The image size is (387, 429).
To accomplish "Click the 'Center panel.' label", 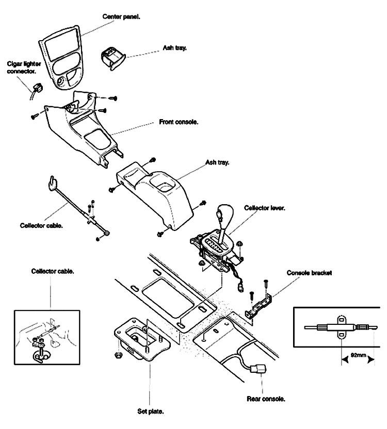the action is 121,16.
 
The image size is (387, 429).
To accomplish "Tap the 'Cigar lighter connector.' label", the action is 24,68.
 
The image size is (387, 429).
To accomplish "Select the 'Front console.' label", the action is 179,122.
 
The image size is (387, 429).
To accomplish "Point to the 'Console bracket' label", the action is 309,273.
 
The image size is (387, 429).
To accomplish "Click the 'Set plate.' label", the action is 151,411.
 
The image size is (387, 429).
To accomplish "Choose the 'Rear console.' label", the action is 266,399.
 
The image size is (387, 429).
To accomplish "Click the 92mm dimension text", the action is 358,355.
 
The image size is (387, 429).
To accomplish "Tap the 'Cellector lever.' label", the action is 265,208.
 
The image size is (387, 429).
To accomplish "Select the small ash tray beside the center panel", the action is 113,58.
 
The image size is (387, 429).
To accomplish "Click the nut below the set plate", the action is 119,355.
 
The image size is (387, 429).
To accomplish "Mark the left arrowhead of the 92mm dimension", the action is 345,360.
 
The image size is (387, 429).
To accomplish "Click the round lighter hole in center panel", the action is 61,82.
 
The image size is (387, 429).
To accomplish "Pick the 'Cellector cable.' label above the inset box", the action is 53,271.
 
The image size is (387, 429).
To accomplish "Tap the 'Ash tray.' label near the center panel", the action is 175,48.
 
